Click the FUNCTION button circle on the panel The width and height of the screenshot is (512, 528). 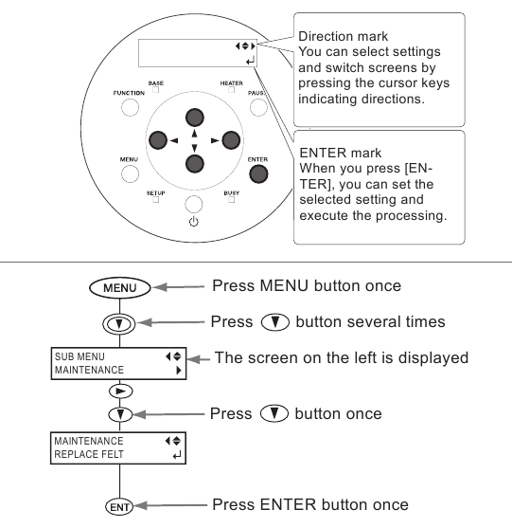point(130,108)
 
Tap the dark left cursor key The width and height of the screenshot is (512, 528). point(158,140)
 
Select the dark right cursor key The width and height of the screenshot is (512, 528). point(231,140)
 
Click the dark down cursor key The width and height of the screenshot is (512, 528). point(195,164)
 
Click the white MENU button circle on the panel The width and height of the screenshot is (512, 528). point(130,174)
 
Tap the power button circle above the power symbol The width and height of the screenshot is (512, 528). point(194,204)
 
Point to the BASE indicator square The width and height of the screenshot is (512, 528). point(155,90)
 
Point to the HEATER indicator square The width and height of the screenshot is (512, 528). point(231,90)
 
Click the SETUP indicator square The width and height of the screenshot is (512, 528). point(155,200)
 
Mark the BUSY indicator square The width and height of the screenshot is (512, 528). point(231,200)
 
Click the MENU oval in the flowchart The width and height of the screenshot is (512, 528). point(120,288)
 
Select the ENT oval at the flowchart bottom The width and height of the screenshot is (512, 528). point(119,507)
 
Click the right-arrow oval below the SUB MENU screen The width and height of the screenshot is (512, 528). point(121,391)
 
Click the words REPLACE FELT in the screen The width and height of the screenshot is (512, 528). point(89,454)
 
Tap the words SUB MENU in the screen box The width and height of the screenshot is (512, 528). point(79,356)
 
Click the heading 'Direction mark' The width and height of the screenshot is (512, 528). point(343,36)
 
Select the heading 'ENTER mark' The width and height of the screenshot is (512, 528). point(340,153)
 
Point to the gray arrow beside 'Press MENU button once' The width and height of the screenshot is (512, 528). point(178,287)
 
